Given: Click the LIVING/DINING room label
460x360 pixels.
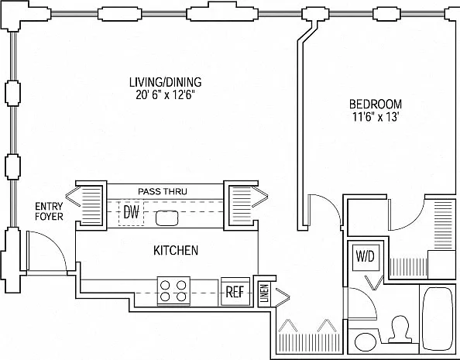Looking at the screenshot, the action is [x=166, y=82].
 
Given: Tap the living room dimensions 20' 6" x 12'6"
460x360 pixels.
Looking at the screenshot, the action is [x=166, y=95].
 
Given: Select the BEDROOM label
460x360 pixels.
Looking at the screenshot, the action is [x=376, y=105].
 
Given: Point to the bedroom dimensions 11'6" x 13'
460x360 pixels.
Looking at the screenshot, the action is [x=376, y=117].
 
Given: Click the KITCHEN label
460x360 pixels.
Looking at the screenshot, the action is [x=176, y=250].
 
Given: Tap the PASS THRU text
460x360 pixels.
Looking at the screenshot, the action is [x=163, y=191].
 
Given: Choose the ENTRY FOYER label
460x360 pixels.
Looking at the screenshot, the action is [x=49, y=211].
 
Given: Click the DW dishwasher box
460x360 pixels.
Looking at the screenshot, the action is [x=131, y=212].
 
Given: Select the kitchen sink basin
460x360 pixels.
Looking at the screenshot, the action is [x=167, y=218].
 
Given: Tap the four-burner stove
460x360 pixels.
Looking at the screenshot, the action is [x=173, y=291].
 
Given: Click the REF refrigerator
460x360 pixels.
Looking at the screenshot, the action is [x=235, y=292].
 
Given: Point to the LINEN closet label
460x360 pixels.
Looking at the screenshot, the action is [x=265, y=293].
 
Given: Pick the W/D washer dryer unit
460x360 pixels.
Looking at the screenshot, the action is [x=366, y=257].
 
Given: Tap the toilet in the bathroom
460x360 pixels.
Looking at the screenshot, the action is [x=400, y=329].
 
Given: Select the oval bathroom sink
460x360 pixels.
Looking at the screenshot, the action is [x=366, y=342].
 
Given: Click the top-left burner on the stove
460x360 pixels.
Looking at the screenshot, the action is [x=165, y=285].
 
